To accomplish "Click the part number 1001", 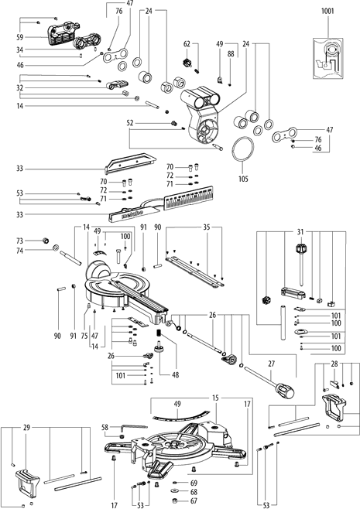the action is point(327,11).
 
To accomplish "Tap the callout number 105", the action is point(243,179).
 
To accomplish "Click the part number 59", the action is point(20,37).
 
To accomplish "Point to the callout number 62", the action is point(187,44).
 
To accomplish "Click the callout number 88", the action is point(231,54).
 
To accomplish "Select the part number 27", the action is point(272,364).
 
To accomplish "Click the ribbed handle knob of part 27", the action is point(285,390).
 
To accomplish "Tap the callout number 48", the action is point(176,375).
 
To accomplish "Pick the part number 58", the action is point(105,428).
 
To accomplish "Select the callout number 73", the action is point(20,241).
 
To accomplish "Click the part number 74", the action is point(20,251).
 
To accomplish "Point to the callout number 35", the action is point(207,227).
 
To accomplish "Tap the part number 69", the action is point(194,483).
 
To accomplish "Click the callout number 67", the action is point(194,501).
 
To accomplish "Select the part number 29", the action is point(26,428).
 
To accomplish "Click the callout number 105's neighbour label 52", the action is point(130,123).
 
